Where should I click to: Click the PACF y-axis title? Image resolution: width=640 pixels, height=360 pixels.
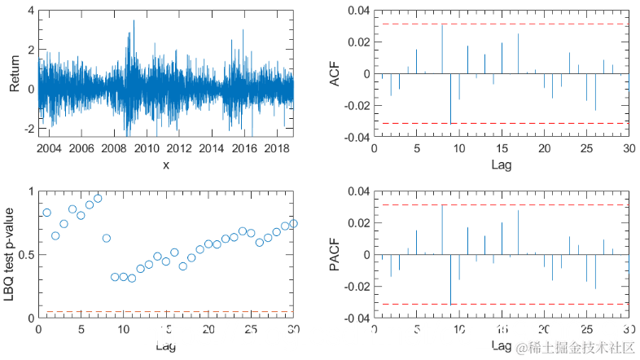pos(335,255)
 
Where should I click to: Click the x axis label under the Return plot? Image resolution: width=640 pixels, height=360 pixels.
pos(165,165)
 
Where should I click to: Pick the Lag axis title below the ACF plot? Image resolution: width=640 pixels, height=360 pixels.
pos(502,165)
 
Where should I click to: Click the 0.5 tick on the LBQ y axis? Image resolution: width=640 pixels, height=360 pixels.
pos(24,255)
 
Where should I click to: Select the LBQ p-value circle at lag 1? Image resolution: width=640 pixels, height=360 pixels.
pos(46,213)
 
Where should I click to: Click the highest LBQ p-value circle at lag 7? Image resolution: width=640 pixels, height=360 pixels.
pos(98,198)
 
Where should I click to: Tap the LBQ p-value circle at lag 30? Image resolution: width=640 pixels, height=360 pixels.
pos(293,223)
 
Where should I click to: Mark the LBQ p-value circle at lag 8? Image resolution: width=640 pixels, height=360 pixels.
pos(106,238)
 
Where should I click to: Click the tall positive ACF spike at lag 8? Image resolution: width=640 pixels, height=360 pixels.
pos(442,49)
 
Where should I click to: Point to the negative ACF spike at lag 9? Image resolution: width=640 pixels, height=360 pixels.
pos(450,99)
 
